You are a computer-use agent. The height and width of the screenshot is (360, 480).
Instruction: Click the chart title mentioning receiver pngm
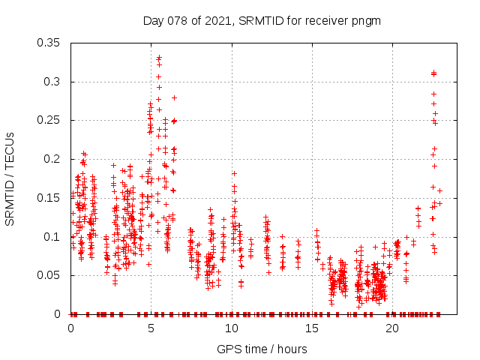[262, 20]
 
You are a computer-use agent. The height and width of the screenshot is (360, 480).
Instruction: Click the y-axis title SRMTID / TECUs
[10, 178]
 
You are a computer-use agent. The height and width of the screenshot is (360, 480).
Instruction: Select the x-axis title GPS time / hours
[262, 349]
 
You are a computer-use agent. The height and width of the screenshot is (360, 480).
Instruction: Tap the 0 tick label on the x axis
[71, 328]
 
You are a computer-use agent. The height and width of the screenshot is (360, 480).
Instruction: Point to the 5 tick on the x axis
[151, 328]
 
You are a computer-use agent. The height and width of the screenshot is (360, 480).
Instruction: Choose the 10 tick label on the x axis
[232, 328]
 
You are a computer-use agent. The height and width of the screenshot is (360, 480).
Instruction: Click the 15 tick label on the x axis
[312, 328]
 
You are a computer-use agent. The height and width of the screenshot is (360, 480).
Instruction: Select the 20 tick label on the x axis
[392, 328]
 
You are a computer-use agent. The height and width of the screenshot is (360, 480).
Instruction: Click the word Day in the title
[153, 20]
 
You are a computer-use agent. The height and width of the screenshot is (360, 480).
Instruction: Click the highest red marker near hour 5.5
[159, 57]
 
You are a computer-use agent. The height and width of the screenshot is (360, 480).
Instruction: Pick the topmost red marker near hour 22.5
[433, 73]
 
